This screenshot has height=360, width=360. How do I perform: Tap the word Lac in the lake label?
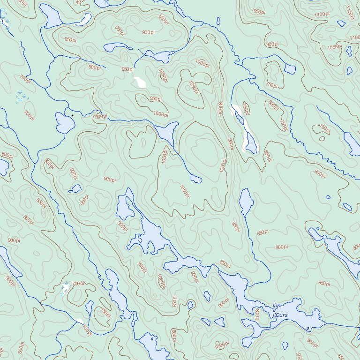[x=277, y=305]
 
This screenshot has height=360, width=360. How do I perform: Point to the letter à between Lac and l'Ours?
[x=274, y=310]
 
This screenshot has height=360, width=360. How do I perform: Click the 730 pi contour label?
[x=245, y=109]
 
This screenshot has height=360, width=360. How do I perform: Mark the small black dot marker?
[x=73, y=115]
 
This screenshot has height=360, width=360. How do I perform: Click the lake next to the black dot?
[x=65, y=123]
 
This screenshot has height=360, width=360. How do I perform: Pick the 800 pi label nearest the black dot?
[x=100, y=117]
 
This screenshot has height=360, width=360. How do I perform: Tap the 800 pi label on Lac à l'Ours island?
[x=256, y=314]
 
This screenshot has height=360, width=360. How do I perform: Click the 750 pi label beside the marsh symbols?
[x=79, y=283]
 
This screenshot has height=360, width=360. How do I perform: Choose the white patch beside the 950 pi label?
[x=140, y=82]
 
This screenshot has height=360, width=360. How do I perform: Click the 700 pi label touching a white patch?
[x=86, y=330]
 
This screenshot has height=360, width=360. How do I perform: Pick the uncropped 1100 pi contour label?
[x=322, y=15]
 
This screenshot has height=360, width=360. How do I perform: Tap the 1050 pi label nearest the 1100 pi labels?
[x=335, y=47]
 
